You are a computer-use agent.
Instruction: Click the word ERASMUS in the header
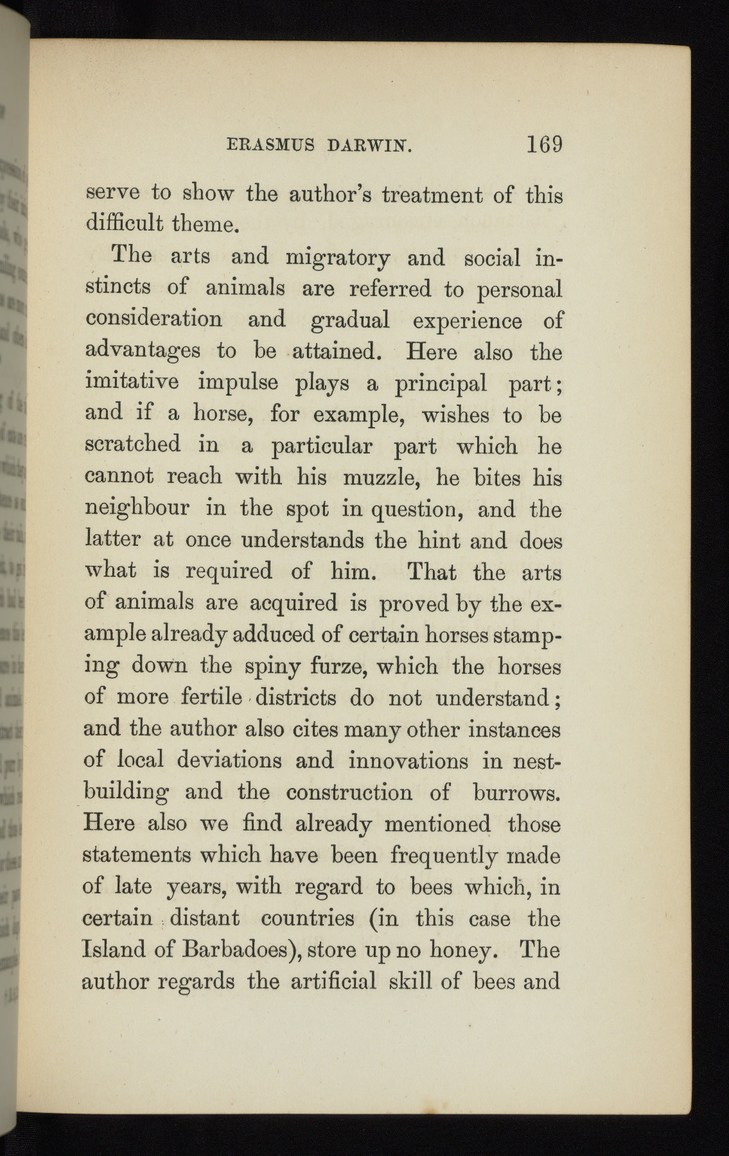[271, 146]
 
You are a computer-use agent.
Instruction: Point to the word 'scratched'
[132, 444]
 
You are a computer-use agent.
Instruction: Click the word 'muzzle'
[380, 477]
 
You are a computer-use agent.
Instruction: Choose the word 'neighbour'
[137, 509]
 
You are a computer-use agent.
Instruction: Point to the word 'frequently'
[443, 856]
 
